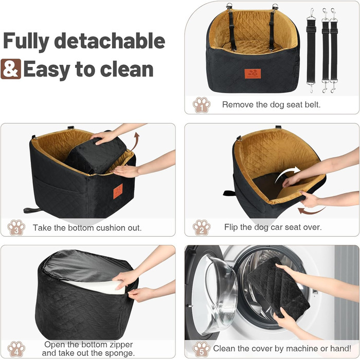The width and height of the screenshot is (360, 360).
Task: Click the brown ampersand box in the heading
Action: tap(11, 69)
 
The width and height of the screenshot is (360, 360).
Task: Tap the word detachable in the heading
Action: tap(110, 41)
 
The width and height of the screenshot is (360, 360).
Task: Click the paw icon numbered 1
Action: tap(202, 105)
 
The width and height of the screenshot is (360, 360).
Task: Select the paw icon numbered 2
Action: tap(202, 227)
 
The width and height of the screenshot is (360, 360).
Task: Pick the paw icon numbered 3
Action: tap(16, 227)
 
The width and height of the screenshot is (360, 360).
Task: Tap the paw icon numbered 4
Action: tap(16, 349)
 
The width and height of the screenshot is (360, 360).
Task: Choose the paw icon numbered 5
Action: tap(202, 349)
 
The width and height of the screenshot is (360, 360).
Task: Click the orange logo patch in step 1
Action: tap(253, 74)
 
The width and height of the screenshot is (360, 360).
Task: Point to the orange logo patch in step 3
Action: tap(118, 191)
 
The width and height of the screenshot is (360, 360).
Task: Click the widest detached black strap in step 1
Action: tap(311, 51)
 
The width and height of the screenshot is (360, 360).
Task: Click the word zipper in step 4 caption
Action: tap(121, 345)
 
